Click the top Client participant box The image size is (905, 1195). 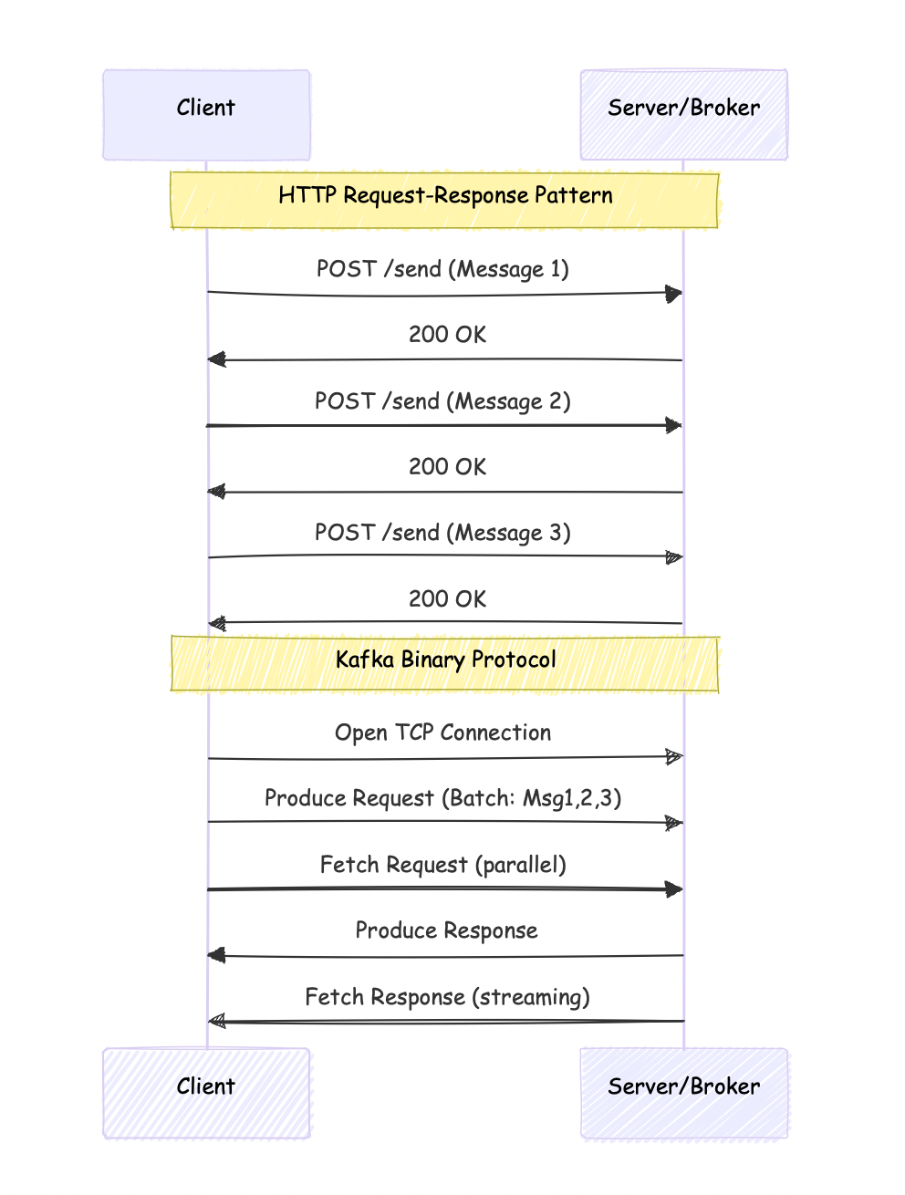point(206,115)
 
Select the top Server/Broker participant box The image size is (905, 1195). point(684,115)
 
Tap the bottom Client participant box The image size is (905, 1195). point(206,1093)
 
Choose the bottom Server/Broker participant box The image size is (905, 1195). point(684,1093)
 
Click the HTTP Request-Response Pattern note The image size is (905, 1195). point(445,200)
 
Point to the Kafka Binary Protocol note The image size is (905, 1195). point(445,664)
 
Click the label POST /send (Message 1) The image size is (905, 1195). point(442,269)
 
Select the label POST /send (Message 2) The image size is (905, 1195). point(442,401)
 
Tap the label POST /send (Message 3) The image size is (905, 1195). point(442,533)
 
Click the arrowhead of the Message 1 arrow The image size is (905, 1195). point(675,294)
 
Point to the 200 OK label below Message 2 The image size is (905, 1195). point(447,466)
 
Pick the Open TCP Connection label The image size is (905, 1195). point(442,733)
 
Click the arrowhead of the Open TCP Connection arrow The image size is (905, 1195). point(675,757)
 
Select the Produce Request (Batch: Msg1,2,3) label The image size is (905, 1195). point(442,799)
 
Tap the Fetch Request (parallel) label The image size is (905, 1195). point(442,865)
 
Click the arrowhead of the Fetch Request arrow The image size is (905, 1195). point(675,890)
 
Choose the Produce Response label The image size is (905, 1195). point(446,930)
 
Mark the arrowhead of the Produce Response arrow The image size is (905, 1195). point(216,955)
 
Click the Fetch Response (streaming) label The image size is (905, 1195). point(447,997)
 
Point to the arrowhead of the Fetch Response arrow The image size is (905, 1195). point(217,1022)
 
